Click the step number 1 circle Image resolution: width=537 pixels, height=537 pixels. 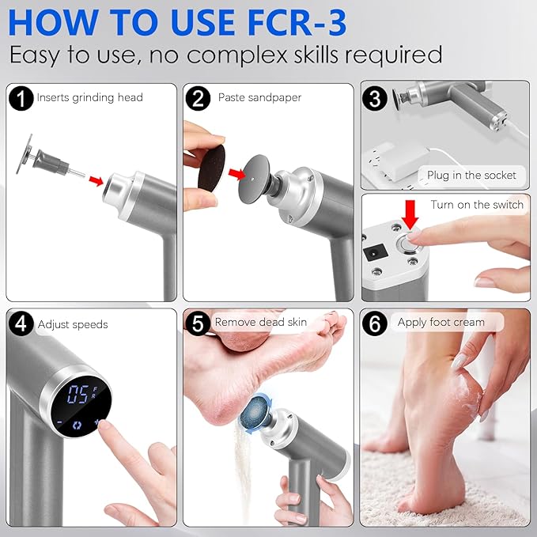click(x=22, y=98)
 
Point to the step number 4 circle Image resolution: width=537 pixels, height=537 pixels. click(x=22, y=324)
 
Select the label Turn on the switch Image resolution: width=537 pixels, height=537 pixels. click(x=477, y=205)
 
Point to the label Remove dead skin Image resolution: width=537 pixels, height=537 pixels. click(x=260, y=323)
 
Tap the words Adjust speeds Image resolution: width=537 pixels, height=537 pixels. click(x=72, y=324)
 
